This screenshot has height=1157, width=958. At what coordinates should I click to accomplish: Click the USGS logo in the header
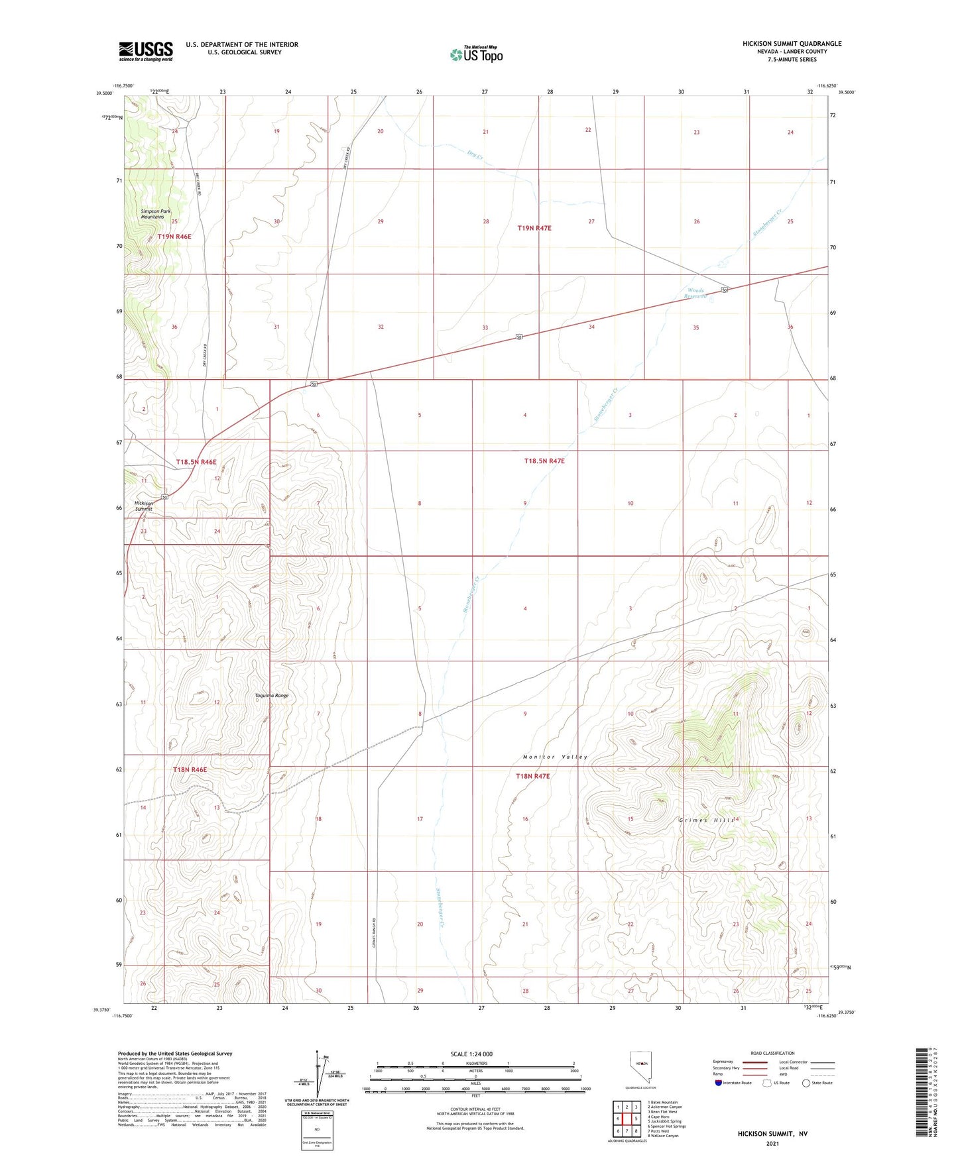(145, 51)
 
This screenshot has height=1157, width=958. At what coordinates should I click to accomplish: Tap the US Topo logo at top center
(476, 54)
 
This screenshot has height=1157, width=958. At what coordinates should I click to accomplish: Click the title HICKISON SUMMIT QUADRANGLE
(792, 44)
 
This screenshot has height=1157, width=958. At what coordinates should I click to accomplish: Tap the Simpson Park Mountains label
(155, 214)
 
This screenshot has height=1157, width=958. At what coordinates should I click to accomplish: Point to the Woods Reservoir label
(695, 293)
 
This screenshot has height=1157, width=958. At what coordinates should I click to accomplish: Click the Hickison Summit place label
(144, 506)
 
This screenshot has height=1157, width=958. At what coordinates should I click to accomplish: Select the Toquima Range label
(272, 696)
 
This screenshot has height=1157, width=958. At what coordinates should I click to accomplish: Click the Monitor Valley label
(555, 757)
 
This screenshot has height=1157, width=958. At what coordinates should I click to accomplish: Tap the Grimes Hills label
(707, 820)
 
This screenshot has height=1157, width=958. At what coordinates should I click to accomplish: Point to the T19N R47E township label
(534, 228)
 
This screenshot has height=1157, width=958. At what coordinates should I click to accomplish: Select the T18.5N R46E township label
(196, 462)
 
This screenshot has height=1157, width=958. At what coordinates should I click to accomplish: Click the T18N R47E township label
(532, 776)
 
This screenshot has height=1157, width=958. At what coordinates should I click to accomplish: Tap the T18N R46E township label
(190, 769)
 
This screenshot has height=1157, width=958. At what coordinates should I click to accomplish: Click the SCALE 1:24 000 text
(471, 1054)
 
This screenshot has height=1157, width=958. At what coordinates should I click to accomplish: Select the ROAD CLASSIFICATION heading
(772, 1053)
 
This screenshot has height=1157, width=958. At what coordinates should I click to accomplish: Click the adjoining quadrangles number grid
(627, 1118)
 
